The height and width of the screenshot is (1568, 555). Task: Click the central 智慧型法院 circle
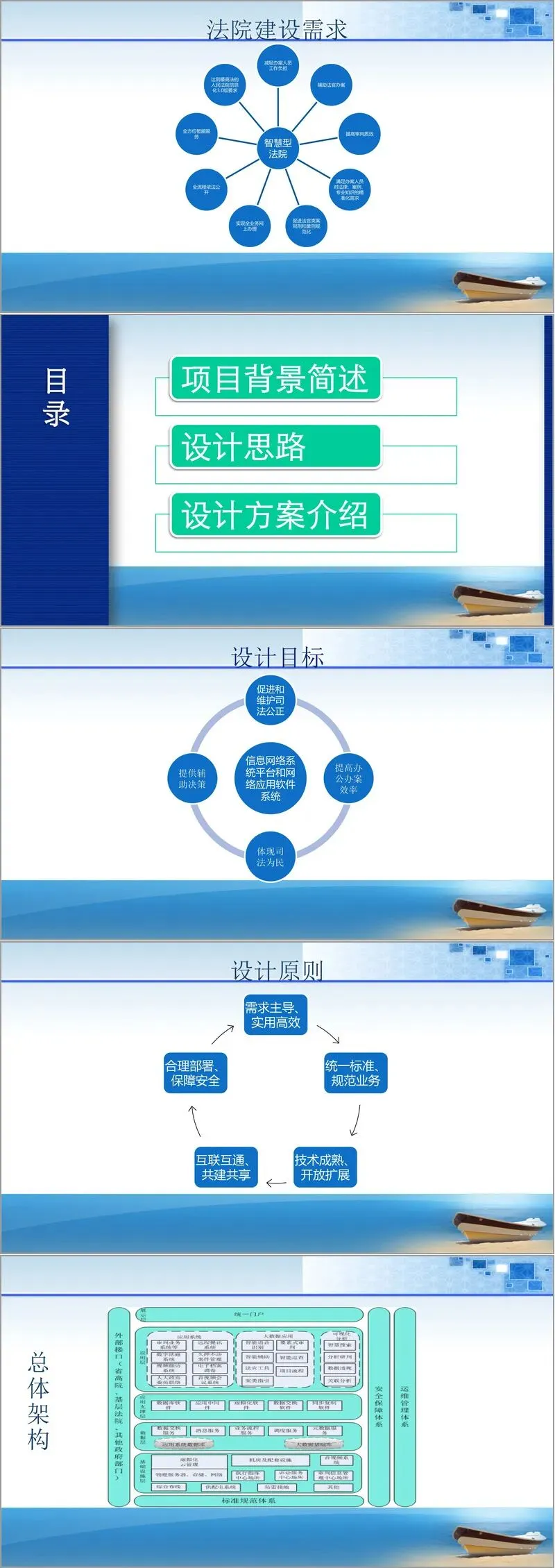click(277, 148)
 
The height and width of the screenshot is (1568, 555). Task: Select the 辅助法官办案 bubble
click(331, 85)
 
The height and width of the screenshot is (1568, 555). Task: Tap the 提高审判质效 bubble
click(359, 134)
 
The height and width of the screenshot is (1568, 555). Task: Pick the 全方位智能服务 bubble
click(196, 133)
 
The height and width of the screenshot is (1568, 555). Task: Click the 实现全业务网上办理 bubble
click(250, 226)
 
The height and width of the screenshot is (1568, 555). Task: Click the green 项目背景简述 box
click(275, 379)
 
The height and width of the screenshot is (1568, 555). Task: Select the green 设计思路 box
click(275, 447)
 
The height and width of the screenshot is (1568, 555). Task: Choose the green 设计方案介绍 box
click(275, 515)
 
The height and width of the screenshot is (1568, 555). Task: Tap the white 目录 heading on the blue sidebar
click(56, 396)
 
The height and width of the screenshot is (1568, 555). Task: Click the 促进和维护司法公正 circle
click(271, 700)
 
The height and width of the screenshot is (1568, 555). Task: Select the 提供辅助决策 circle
click(192, 778)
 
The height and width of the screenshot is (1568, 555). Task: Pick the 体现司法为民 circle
click(271, 857)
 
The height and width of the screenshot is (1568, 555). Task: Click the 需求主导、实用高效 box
click(275, 1015)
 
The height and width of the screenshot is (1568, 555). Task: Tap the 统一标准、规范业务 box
click(355, 1073)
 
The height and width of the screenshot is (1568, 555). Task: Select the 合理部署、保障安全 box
click(195, 1073)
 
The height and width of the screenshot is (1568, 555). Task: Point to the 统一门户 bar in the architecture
click(249, 1315)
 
